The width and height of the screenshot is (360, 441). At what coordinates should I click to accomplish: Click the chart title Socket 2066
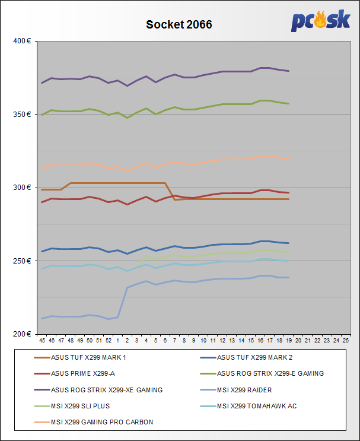pos(179,25)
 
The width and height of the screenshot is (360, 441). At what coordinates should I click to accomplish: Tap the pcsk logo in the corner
pos(320,21)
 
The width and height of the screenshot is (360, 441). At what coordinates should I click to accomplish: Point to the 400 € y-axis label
pos(21,41)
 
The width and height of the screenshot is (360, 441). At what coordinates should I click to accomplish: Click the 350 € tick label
pos(21,114)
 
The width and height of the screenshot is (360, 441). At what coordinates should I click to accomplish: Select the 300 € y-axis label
pos(21,188)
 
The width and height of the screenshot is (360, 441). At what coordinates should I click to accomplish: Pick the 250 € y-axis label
pos(21,261)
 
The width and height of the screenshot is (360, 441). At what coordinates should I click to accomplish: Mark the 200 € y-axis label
pos(21,334)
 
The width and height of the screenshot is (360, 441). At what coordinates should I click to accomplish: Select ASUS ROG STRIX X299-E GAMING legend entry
pos(270,373)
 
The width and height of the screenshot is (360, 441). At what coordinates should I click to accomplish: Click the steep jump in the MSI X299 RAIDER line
pos(123,302)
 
